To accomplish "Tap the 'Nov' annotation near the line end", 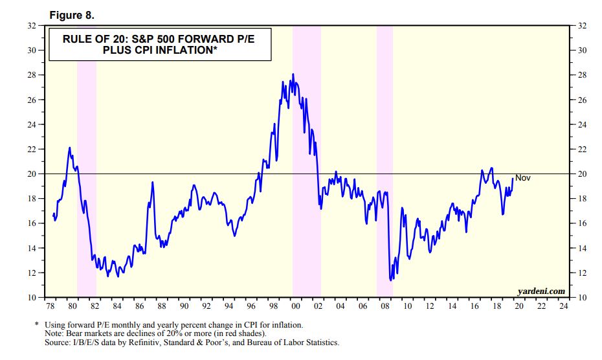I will [522, 177].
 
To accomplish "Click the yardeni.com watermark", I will [541, 291].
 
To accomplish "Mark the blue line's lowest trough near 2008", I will [390, 280].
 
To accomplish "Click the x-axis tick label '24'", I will [564, 305].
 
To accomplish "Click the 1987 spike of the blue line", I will [153, 183].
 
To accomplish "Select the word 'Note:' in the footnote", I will [54, 333].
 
